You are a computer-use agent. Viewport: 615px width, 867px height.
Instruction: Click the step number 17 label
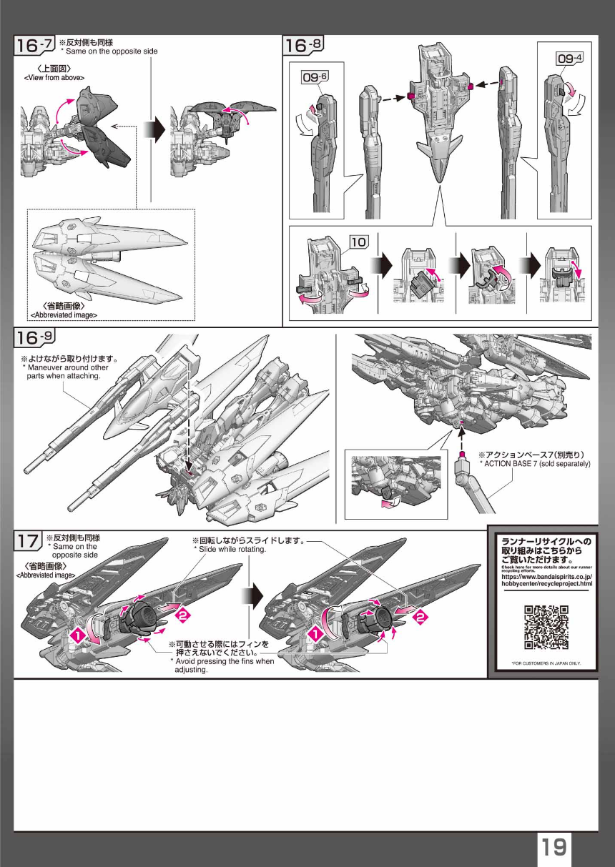pos(29,541)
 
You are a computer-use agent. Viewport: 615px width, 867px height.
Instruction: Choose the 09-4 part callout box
pos(570,58)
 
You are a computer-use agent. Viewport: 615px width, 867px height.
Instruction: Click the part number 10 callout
pos(358,242)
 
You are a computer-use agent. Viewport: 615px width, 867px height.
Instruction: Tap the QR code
pos(547,627)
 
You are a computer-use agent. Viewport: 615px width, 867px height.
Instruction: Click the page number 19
pos(553,848)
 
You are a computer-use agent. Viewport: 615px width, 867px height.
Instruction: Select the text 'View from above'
pos(54,77)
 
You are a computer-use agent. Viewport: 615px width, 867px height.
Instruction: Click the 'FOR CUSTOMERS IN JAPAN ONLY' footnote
pos(546,663)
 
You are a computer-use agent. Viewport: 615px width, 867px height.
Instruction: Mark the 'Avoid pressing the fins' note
pos(222,665)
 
